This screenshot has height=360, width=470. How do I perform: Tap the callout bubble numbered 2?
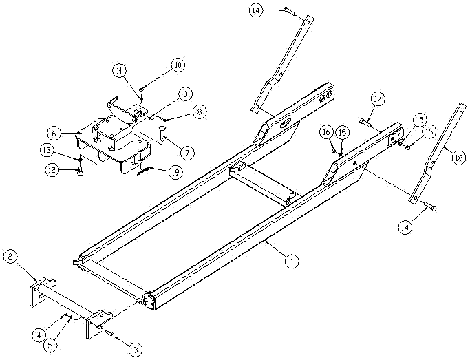[10, 257]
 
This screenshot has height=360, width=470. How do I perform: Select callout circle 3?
[136, 350]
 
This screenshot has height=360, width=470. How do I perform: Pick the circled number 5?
[50, 346]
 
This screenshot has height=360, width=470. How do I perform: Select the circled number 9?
[184, 93]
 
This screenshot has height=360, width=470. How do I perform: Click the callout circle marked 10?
[178, 65]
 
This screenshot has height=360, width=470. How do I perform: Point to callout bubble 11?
[120, 71]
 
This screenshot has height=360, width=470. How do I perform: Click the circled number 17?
[377, 99]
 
